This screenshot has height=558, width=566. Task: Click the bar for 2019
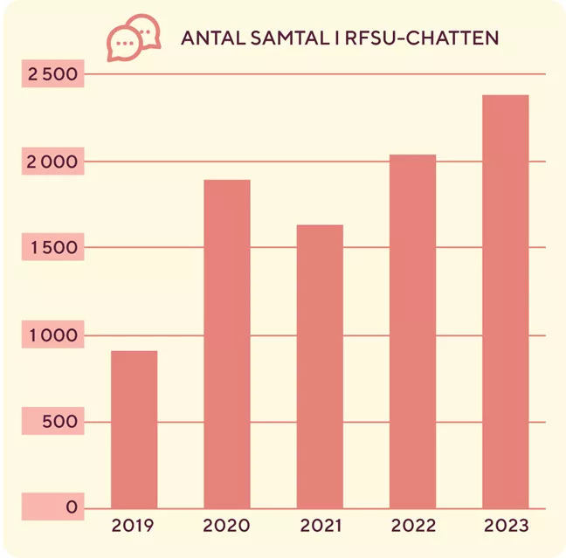134,429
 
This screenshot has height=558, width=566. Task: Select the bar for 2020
226,343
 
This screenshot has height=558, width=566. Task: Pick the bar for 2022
412,331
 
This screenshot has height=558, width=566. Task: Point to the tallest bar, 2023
505,301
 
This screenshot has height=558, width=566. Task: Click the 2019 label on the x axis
134,526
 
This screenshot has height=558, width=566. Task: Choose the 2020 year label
226,526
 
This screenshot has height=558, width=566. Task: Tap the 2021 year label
319,526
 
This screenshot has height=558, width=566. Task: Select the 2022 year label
412,526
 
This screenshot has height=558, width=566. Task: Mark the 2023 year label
505,526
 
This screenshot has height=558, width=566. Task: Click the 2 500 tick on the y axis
53,75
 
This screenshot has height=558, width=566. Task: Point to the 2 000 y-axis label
53,162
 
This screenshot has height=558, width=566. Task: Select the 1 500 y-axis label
53,248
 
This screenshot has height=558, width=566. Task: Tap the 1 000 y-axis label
53,334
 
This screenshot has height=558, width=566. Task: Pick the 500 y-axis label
59,422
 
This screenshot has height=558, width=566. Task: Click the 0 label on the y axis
72,507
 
